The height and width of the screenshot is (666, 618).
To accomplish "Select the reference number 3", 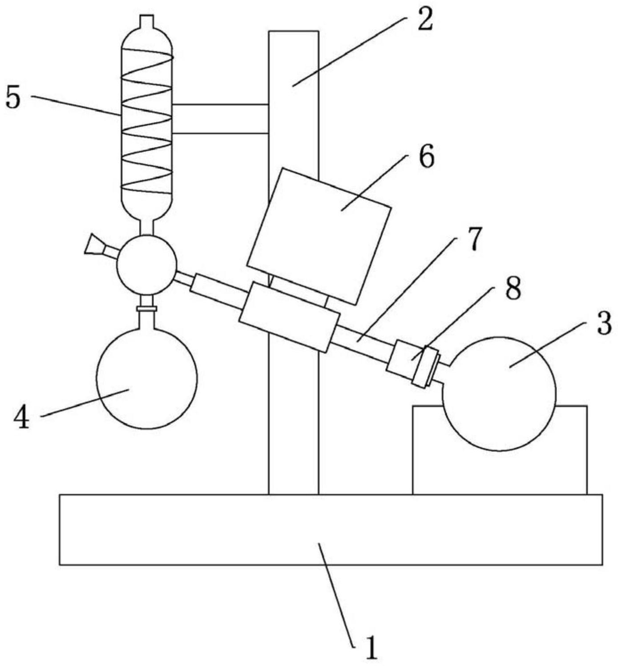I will pos(603,324).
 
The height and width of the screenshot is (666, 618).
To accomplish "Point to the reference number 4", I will pos(21,418).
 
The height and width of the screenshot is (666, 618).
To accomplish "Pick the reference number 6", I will pos(426,157).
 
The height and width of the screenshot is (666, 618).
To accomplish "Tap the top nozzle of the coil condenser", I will pos(146,21).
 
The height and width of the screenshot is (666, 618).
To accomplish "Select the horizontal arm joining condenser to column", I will pos(220,118).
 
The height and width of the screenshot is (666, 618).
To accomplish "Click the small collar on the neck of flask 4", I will pos(147,308).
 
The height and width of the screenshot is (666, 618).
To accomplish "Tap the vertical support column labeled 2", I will pos(294,379).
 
